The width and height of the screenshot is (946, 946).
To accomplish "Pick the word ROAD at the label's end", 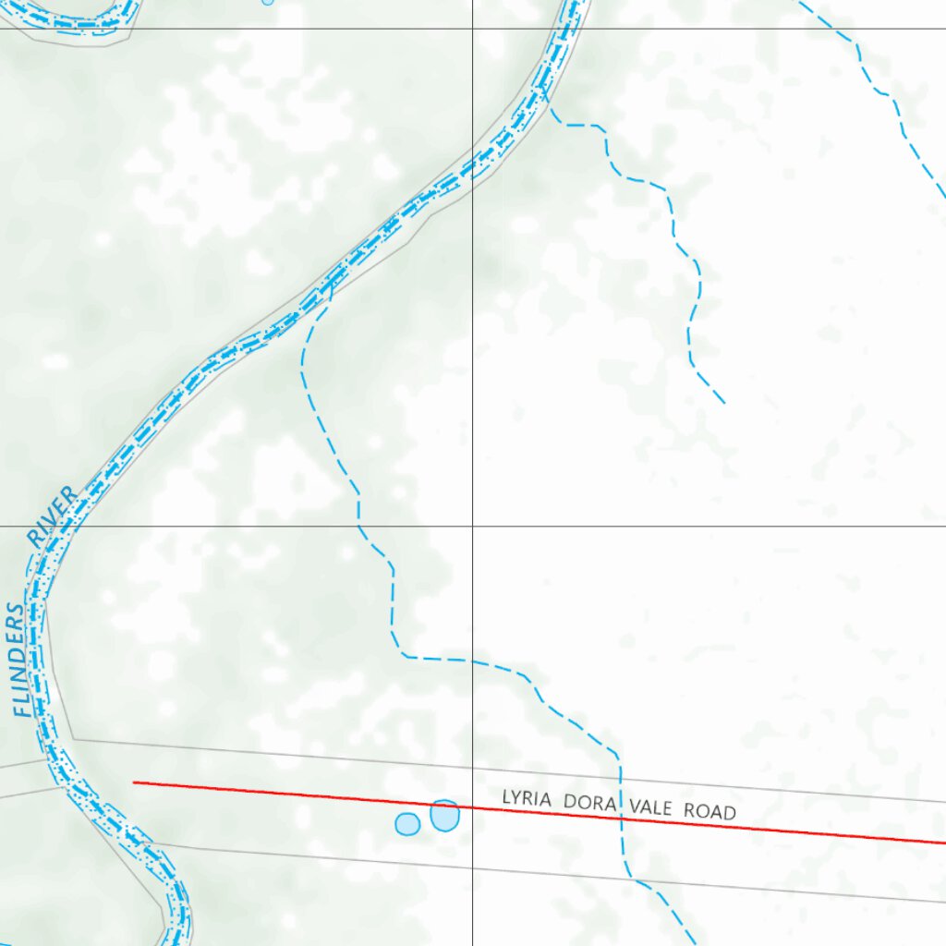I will click(x=709, y=812).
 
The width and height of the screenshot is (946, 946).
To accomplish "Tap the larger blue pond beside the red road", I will click(x=444, y=816).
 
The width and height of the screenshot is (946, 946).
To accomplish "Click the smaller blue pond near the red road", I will click(x=407, y=823).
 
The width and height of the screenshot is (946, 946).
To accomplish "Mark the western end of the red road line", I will click(x=135, y=782).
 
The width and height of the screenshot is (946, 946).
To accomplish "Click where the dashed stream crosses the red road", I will click(x=621, y=818).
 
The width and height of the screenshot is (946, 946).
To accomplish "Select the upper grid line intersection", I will click(x=473, y=29).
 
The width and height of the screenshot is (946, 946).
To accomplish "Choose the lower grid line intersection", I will click(x=473, y=527).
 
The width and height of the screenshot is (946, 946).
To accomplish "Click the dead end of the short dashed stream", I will click(x=723, y=403).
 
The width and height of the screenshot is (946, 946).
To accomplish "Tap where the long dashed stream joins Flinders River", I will click(x=331, y=286).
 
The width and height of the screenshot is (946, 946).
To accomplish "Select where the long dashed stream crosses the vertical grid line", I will click(x=473, y=661).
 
